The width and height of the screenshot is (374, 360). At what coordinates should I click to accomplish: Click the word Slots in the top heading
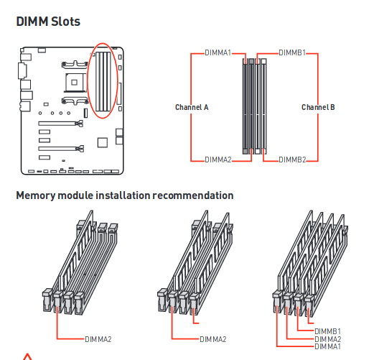pyautogui.click(x=65, y=22)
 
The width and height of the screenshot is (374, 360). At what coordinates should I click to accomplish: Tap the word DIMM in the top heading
pyautogui.click(x=32, y=22)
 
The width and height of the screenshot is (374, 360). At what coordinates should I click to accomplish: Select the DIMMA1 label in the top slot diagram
pyautogui.click(x=218, y=52)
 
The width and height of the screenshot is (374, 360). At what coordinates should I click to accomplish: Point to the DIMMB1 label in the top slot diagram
pyautogui.click(x=292, y=52)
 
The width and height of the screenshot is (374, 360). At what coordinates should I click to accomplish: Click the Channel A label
pyautogui.click(x=192, y=107)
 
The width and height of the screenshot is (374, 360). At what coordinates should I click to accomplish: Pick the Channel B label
pyautogui.click(x=318, y=107)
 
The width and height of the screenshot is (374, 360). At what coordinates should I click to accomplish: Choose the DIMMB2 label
pyautogui.click(x=292, y=160)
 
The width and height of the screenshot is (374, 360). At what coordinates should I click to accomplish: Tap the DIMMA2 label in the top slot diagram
pyautogui.click(x=218, y=160)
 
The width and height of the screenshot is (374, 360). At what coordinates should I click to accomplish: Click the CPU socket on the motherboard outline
pyautogui.click(x=75, y=83)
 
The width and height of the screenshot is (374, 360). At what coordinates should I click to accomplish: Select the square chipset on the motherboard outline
pyautogui.click(x=103, y=142)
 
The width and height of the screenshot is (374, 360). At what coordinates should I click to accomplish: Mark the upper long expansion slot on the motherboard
pyautogui.click(x=61, y=124)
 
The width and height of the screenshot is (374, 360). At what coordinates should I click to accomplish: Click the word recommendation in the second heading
pyautogui.click(x=193, y=195)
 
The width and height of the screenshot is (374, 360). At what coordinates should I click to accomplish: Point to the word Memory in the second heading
pyautogui.click(x=36, y=195)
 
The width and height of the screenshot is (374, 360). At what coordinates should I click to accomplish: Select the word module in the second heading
pyautogui.click(x=75, y=195)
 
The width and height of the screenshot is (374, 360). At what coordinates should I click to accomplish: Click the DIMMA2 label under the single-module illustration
pyautogui.click(x=98, y=339)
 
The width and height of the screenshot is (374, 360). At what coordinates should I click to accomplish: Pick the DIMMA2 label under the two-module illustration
pyautogui.click(x=213, y=339)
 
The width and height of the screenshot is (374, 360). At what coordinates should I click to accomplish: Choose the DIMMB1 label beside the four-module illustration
pyautogui.click(x=327, y=331)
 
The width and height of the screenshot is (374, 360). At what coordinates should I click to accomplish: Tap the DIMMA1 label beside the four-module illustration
pyautogui.click(x=327, y=346)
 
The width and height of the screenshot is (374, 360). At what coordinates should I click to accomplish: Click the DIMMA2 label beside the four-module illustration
pyautogui.click(x=327, y=339)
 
